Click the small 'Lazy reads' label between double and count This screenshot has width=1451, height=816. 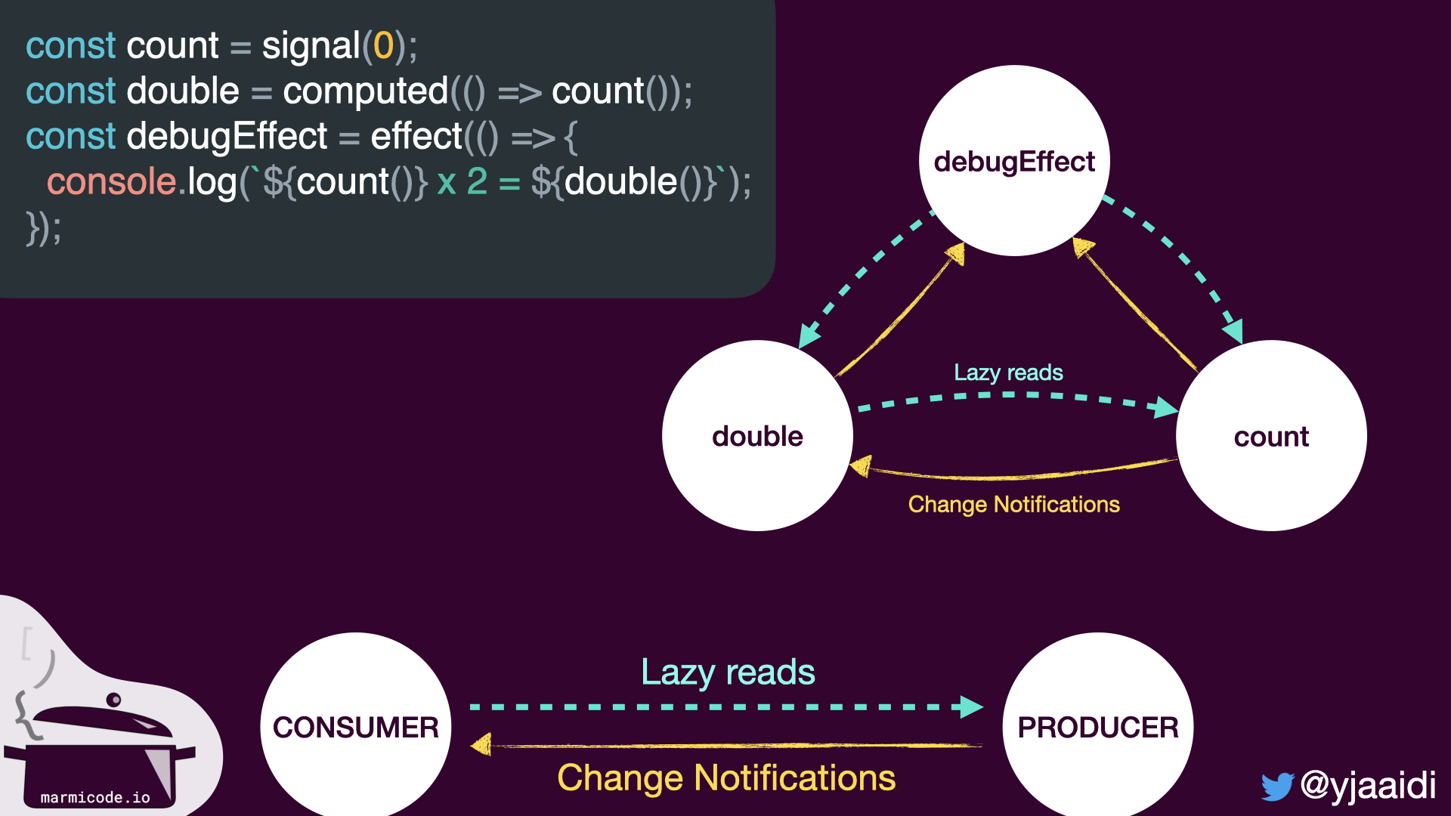click(1008, 372)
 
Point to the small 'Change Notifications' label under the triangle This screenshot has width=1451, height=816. click(1013, 504)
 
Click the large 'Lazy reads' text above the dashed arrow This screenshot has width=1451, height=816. click(728, 672)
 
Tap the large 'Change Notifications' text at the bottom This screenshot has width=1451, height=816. click(726, 777)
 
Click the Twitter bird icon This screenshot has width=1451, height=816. click(1277, 787)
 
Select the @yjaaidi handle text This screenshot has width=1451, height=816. click(1368, 785)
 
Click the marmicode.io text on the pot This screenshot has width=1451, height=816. click(95, 797)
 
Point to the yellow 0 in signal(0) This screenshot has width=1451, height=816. click(383, 45)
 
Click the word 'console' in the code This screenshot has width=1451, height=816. click(111, 181)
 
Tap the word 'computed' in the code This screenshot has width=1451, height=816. click(366, 91)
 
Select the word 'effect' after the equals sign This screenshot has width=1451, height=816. click(416, 137)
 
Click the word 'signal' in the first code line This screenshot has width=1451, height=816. click(311, 46)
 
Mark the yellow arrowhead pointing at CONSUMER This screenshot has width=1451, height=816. click(481, 745)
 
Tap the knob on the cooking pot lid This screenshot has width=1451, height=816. click(113, 699)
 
